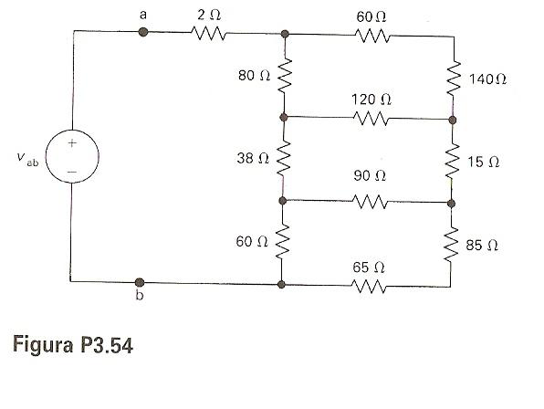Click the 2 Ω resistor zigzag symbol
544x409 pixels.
208,33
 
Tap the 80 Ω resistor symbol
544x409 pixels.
284,76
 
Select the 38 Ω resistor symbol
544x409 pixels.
283,159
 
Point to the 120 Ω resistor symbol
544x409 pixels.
371,119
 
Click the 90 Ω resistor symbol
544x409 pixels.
370,202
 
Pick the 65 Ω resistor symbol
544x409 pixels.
369,286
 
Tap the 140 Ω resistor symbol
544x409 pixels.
454,79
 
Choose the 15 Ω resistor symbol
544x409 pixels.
453,163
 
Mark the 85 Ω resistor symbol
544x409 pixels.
451,245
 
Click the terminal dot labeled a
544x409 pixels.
143,32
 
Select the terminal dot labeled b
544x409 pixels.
140,282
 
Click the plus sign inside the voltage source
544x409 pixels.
72,143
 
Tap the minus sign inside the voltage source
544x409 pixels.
72,172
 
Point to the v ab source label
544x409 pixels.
27,160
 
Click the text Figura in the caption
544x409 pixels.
43,345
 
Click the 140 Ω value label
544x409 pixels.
487,79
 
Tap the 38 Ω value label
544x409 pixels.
253,159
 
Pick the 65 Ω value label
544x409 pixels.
369,267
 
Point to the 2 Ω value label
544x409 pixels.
209,15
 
